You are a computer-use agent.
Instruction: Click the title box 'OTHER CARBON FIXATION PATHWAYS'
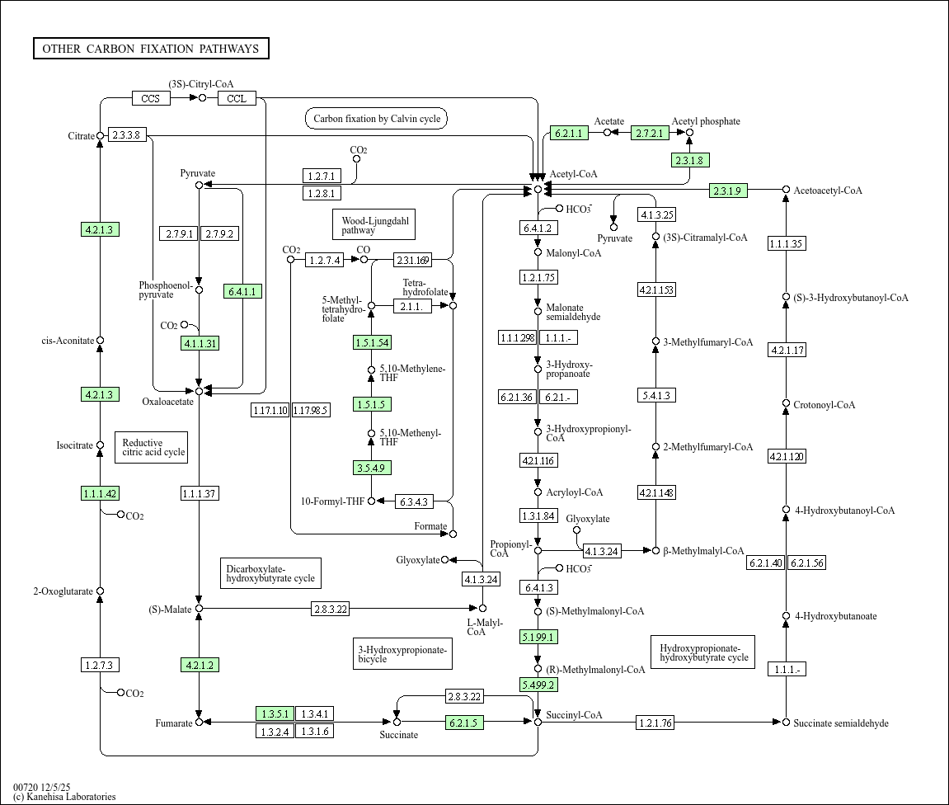[x=151, y=49]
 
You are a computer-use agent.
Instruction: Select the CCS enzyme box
[x=151, y=99]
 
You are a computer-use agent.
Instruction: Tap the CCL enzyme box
[x=237, y=99]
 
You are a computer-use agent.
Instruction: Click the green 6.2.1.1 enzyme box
[x=569, y=133]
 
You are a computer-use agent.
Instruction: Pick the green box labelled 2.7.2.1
[x=650, y=133]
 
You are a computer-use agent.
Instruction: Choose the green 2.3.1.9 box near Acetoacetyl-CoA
[x=728, y=191]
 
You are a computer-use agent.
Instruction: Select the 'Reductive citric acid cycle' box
[x=152, y=448]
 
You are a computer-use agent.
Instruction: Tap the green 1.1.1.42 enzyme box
[x=101, y=494]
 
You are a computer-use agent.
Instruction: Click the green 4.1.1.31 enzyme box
[x=200, y=344]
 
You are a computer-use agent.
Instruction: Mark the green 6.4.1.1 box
[x=243, y=291]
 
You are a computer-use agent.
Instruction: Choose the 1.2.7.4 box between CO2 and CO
[x=325, y=261]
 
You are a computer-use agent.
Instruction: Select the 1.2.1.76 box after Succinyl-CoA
[x=655, y=723]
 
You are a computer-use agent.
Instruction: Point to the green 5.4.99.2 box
[x=538, y=685]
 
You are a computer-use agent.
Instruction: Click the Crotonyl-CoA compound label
[x=824, y=405]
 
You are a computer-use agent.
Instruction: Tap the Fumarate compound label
[x=173, y=724]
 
